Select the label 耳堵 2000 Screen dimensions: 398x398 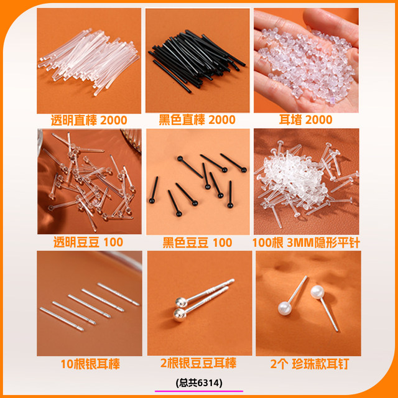[x=305, y=120]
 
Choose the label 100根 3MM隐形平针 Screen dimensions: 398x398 [x=306, y=242]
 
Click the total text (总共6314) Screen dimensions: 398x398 [x=199, y=382]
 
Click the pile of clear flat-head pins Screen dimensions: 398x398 [x=306, y=180]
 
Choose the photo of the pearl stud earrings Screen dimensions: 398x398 [x=305, y=302]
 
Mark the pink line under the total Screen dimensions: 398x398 [x=199, y=391]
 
